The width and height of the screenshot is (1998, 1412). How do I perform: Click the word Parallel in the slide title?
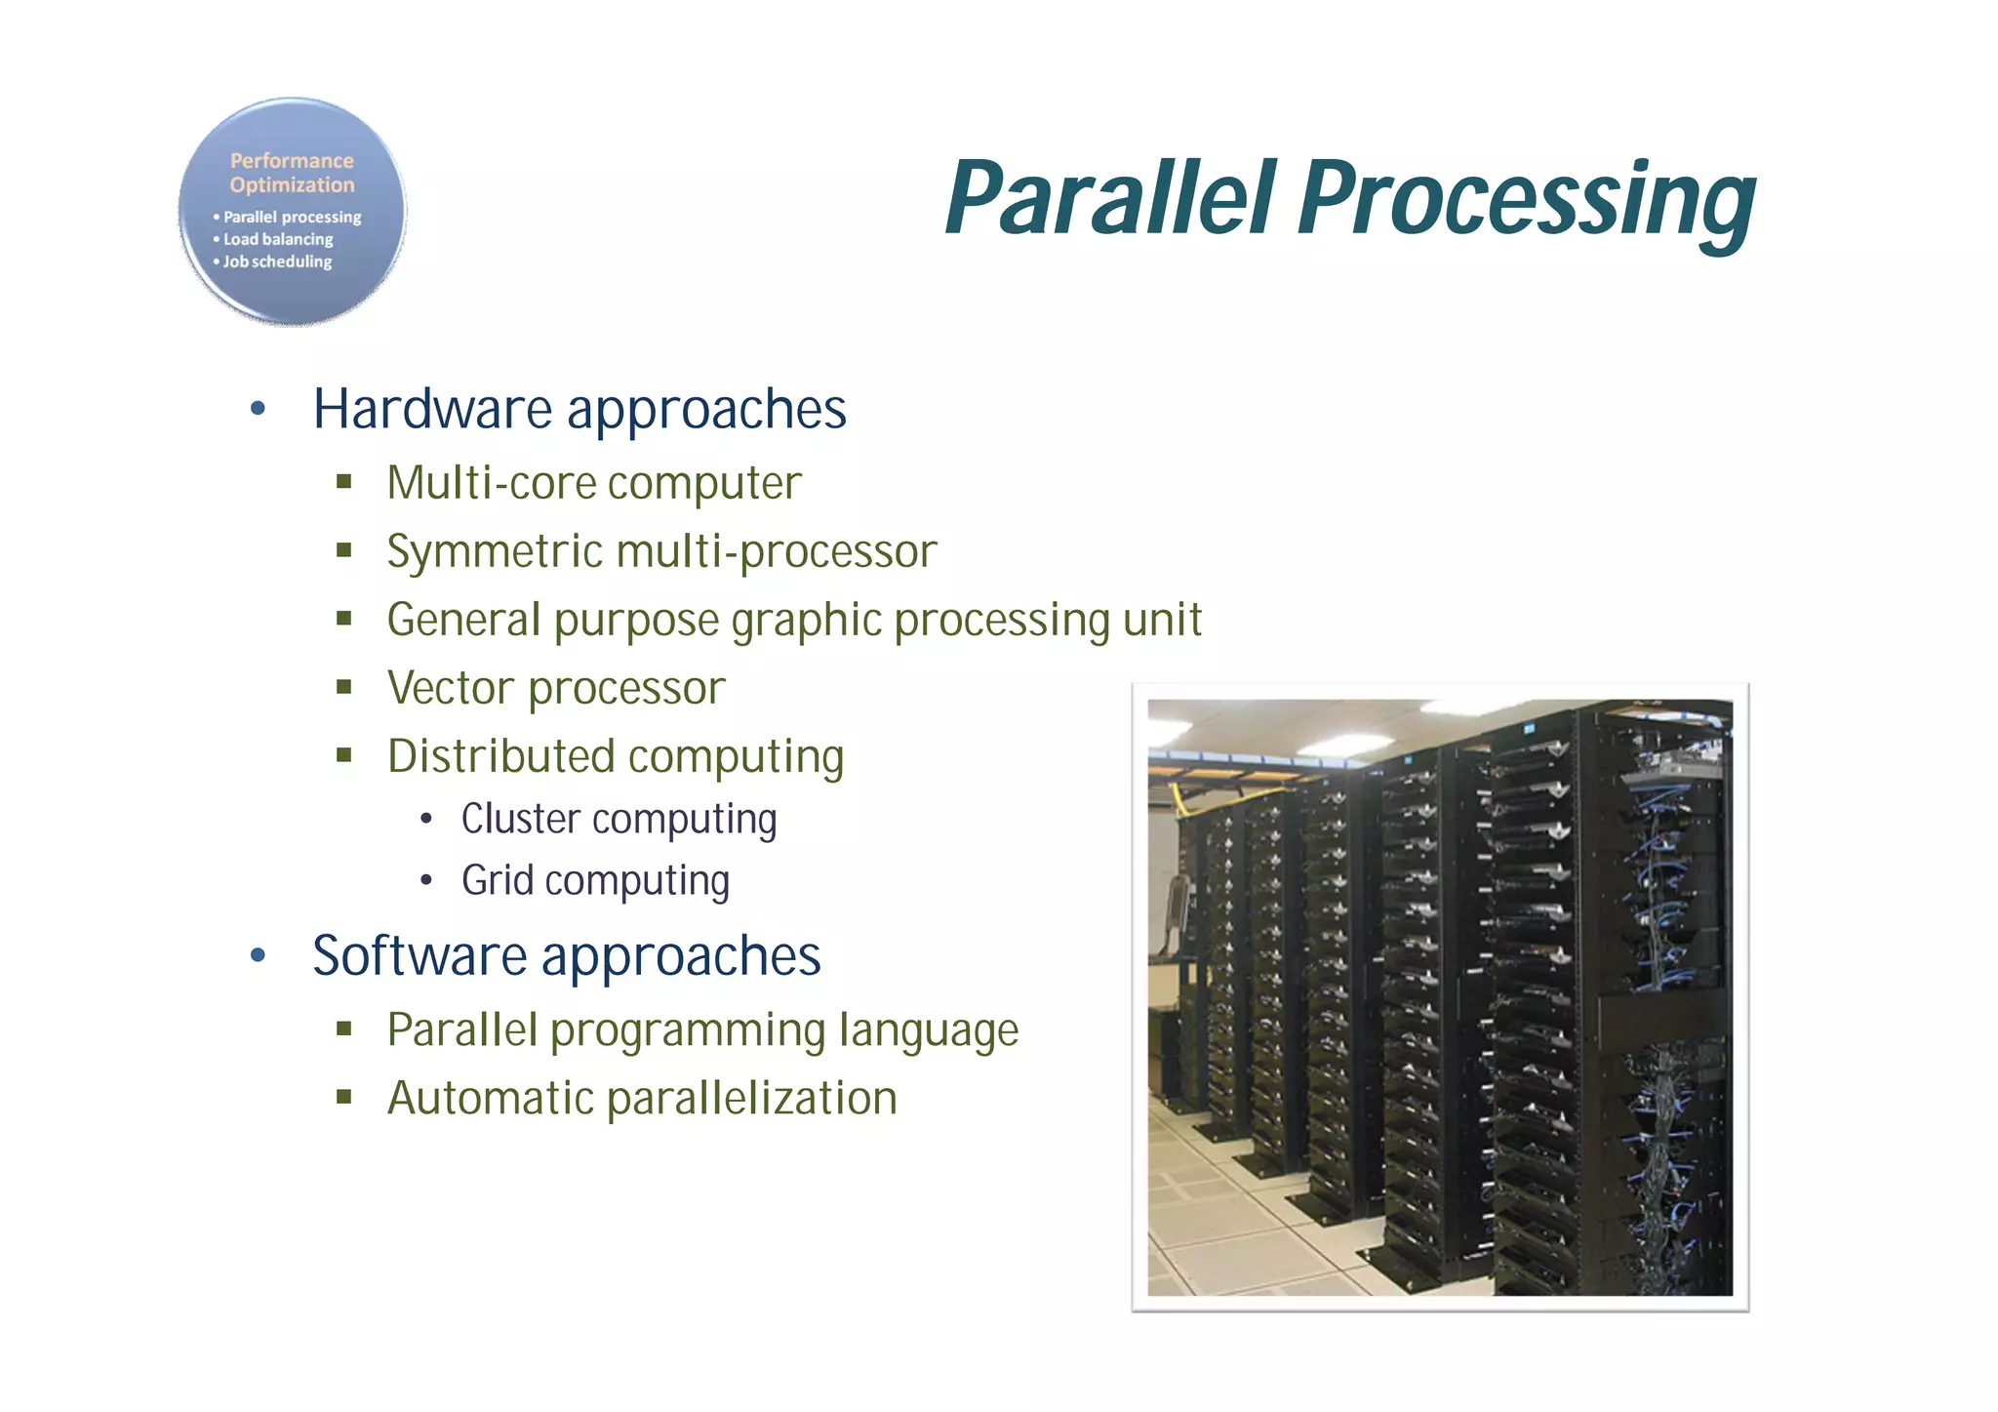[1110, 198]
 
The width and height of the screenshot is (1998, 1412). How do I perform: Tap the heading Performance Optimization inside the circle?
[292, 173]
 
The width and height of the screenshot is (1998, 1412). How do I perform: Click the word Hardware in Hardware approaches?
[431, 409]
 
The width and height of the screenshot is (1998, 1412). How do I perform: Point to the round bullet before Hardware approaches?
[258, 409]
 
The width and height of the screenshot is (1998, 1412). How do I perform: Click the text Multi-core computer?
[593, 483]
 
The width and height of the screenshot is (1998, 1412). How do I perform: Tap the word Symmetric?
[495, 551]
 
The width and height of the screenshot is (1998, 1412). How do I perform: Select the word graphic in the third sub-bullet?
[806, 621]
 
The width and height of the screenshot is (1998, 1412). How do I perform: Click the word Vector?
[450, 688]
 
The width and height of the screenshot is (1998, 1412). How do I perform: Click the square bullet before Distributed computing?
[343, 754]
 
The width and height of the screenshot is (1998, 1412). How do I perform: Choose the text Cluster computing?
[619, 819]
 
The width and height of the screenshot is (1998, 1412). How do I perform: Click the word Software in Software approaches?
[420, 955]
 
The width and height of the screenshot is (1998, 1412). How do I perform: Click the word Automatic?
[490, 1098]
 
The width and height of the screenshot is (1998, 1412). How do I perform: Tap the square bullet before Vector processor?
[343, 686]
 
